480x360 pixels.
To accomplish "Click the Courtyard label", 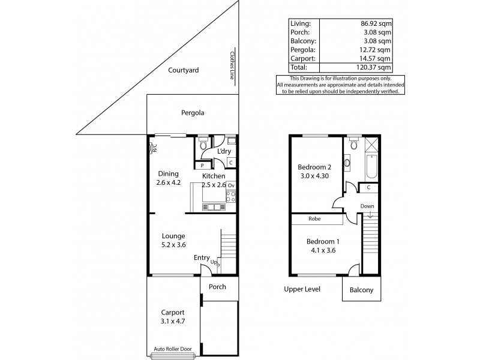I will click(184, 70).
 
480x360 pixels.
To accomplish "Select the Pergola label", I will click(193, 112).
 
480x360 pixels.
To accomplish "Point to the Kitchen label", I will click(213, 176).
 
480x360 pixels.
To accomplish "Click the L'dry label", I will click(224, 152).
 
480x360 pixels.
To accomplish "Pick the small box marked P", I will click(202, 165).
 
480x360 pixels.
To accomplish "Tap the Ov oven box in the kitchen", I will click(230, 185).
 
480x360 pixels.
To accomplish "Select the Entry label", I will click(202, 258).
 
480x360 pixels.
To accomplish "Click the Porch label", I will click(217, 287).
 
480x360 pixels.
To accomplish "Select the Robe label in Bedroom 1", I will click(315, 219).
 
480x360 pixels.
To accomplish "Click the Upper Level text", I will click(302, 289).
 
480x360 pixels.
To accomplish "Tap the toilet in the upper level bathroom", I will click(354, 144).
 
